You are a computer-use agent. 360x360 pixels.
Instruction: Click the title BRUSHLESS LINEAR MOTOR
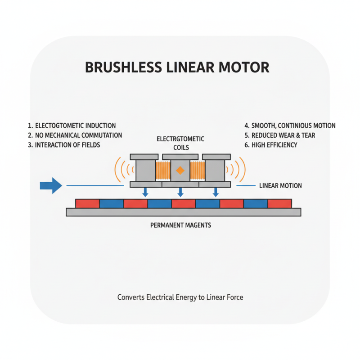pyautogui.click(x=177, y=67)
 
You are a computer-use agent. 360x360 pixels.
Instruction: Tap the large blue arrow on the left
pyautogui.click(x=50, y=185)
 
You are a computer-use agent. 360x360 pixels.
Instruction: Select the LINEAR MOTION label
pyautogui.click(x=280, y=185)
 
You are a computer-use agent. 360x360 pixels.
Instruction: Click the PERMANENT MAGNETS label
pyautogui.click(x=180, y=225)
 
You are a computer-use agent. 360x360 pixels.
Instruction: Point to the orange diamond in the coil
pyautogui.click(x=180, y=170)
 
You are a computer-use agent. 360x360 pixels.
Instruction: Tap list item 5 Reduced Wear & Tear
pyautogui.click(x=279, y=135)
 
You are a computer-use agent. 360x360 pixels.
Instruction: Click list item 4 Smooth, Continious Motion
pyautogui.click(x=290, y=126)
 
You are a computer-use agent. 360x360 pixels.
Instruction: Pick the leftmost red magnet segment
pyautogui.click(x=87, y=203)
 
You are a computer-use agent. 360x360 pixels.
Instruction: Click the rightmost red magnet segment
pyautogui.click(x=279, y=203)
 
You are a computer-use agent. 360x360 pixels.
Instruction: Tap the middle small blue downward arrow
pyautogui.click(x=180, y=192)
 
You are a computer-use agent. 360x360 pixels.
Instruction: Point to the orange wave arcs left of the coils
pyautogui.click(x=122, y=170)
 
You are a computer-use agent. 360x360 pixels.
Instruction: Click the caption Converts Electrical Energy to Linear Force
pyautogui.click(x=180, y=297)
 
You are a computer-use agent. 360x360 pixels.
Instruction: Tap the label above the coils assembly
pyautogui.click(x=180, y=143)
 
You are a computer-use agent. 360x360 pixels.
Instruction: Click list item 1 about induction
pyautogui.click(x=72, y=126)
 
